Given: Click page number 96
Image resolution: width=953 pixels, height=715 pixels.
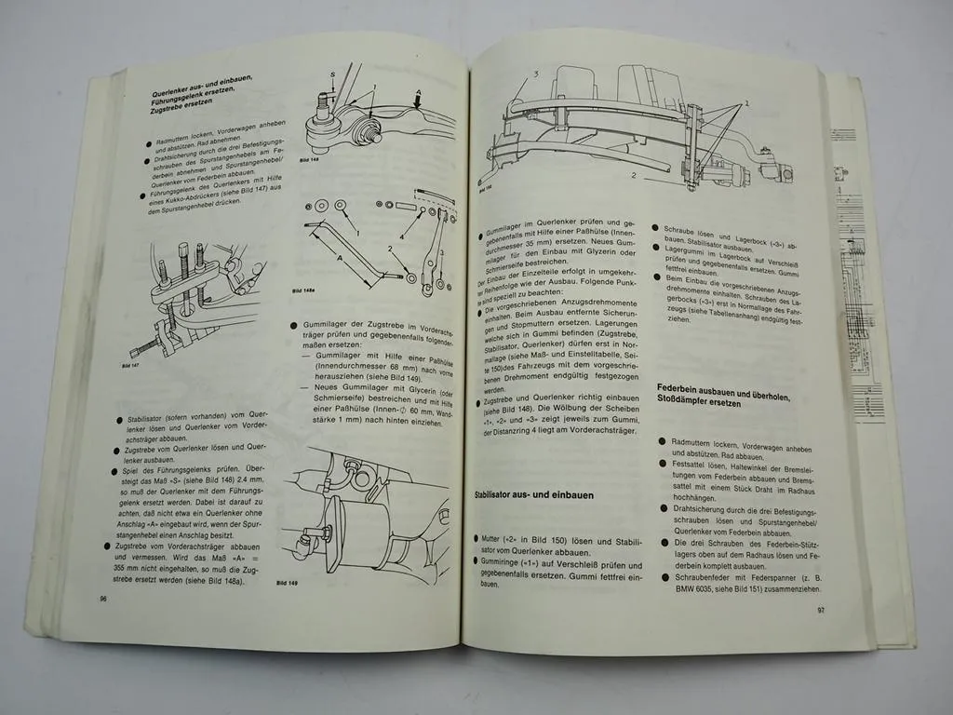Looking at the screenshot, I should click(103, 599).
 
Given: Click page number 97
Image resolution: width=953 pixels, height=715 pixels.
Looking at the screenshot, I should click(820, 611).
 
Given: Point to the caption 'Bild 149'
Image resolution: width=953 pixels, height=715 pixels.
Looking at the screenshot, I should click(288, 583).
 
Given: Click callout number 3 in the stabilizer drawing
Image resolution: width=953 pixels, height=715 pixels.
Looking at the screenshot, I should click(536, 73).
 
